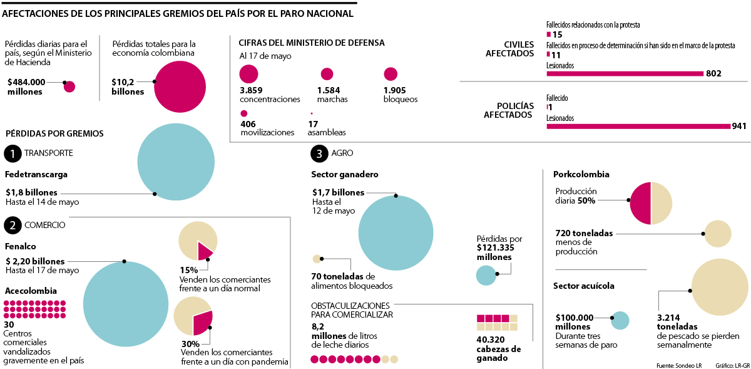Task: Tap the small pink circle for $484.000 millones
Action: (69, 86)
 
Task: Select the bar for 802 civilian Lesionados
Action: (625, 73)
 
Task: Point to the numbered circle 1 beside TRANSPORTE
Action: (13, 153)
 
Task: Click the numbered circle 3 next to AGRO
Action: (319, 153)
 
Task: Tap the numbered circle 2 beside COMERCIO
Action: (13, 225)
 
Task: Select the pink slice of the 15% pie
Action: (205, 251)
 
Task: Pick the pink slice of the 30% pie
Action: (203, 322)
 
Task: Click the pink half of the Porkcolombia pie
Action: (640, 203)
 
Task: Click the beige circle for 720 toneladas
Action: (718, 234)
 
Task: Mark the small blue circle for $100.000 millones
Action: (620, 320)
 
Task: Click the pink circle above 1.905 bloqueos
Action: (391, 75)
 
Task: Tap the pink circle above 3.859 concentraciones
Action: (248, 75)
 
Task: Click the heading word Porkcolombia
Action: (581, 174)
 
